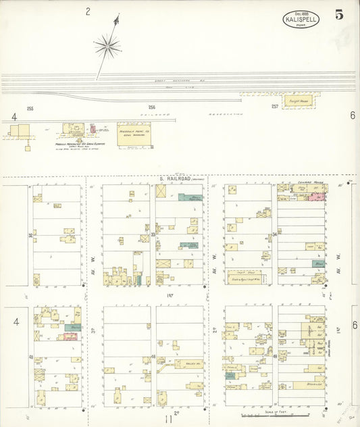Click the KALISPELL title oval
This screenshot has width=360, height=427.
point(301,18)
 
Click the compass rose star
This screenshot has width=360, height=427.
point(107,47)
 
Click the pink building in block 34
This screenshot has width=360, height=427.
point(314,197)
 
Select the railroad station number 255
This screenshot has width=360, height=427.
point(30,108)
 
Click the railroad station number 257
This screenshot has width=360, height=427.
point(275,107)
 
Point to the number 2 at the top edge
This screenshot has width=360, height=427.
point(88,11)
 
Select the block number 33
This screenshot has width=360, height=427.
point(153,234)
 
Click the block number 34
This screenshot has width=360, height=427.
point(274,234)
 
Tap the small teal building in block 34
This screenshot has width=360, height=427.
point(318,263)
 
